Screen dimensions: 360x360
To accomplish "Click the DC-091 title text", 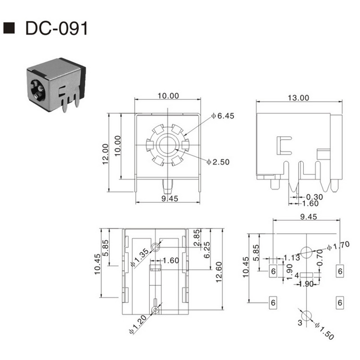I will pos(56,28).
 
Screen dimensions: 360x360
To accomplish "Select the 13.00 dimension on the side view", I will pos(298,97).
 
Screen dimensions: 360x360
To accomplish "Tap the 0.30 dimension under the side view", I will pos(315,197).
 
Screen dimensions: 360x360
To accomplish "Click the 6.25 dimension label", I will pos(207,250).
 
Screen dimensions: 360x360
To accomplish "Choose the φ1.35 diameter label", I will pos(138,257).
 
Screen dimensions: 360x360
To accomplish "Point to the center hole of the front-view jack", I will pos(167,144).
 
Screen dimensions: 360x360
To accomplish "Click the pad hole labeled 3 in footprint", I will pos(308,315).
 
